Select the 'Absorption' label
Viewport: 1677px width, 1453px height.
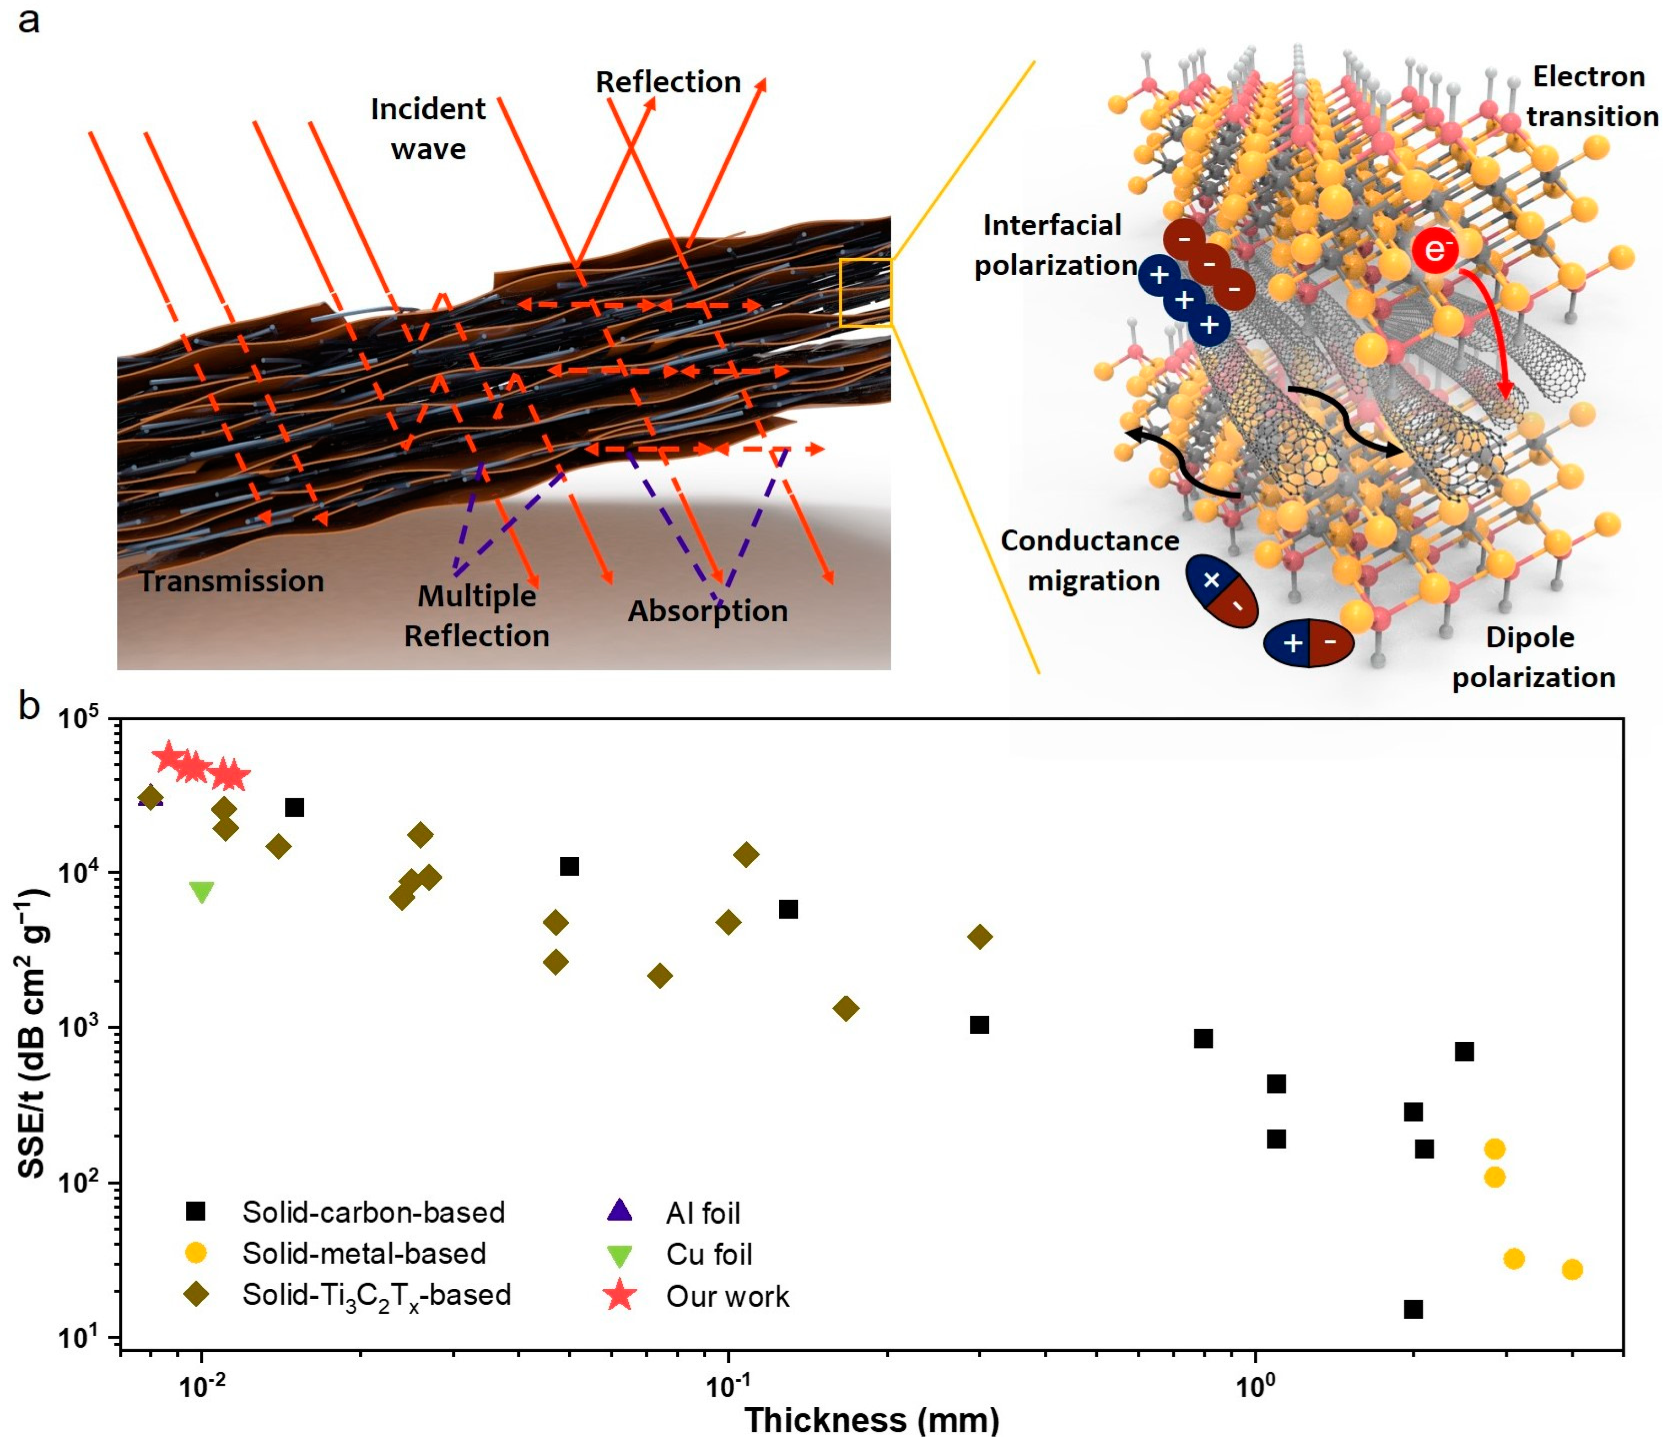click(708, 611)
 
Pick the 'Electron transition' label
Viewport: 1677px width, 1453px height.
click(1591, 96)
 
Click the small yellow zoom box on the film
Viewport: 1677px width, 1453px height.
click(865, 293)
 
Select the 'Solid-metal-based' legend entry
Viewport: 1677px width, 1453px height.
click(364, 1254)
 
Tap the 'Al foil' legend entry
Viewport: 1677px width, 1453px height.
click(703, 1213)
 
